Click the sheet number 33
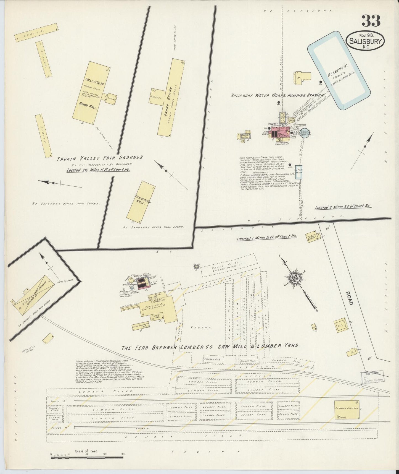(x=371, y=21)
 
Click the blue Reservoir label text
(x=336, y=71)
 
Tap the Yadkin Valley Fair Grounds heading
(x=100, y=158)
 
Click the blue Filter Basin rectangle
(x=299, y=173)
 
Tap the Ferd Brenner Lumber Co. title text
(x=210, y=346)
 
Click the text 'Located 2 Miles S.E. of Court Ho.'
(x=343, y=207)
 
